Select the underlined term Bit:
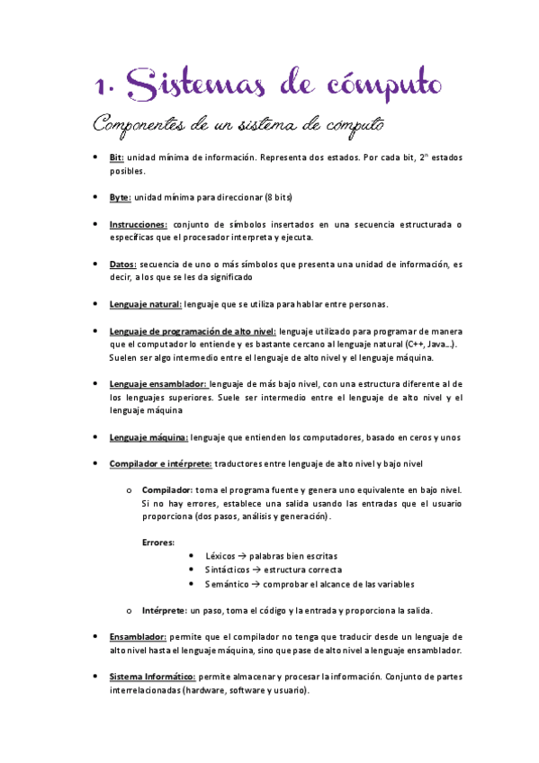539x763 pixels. (116, 157)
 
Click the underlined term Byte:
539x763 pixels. (120, 196)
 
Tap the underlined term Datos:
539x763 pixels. (123, 265)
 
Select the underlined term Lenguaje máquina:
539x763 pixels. (148, 437)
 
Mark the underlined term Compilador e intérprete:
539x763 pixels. (160, 463)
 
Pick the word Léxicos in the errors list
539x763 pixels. (223, 556)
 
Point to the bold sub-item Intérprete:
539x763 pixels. (166, 609)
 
